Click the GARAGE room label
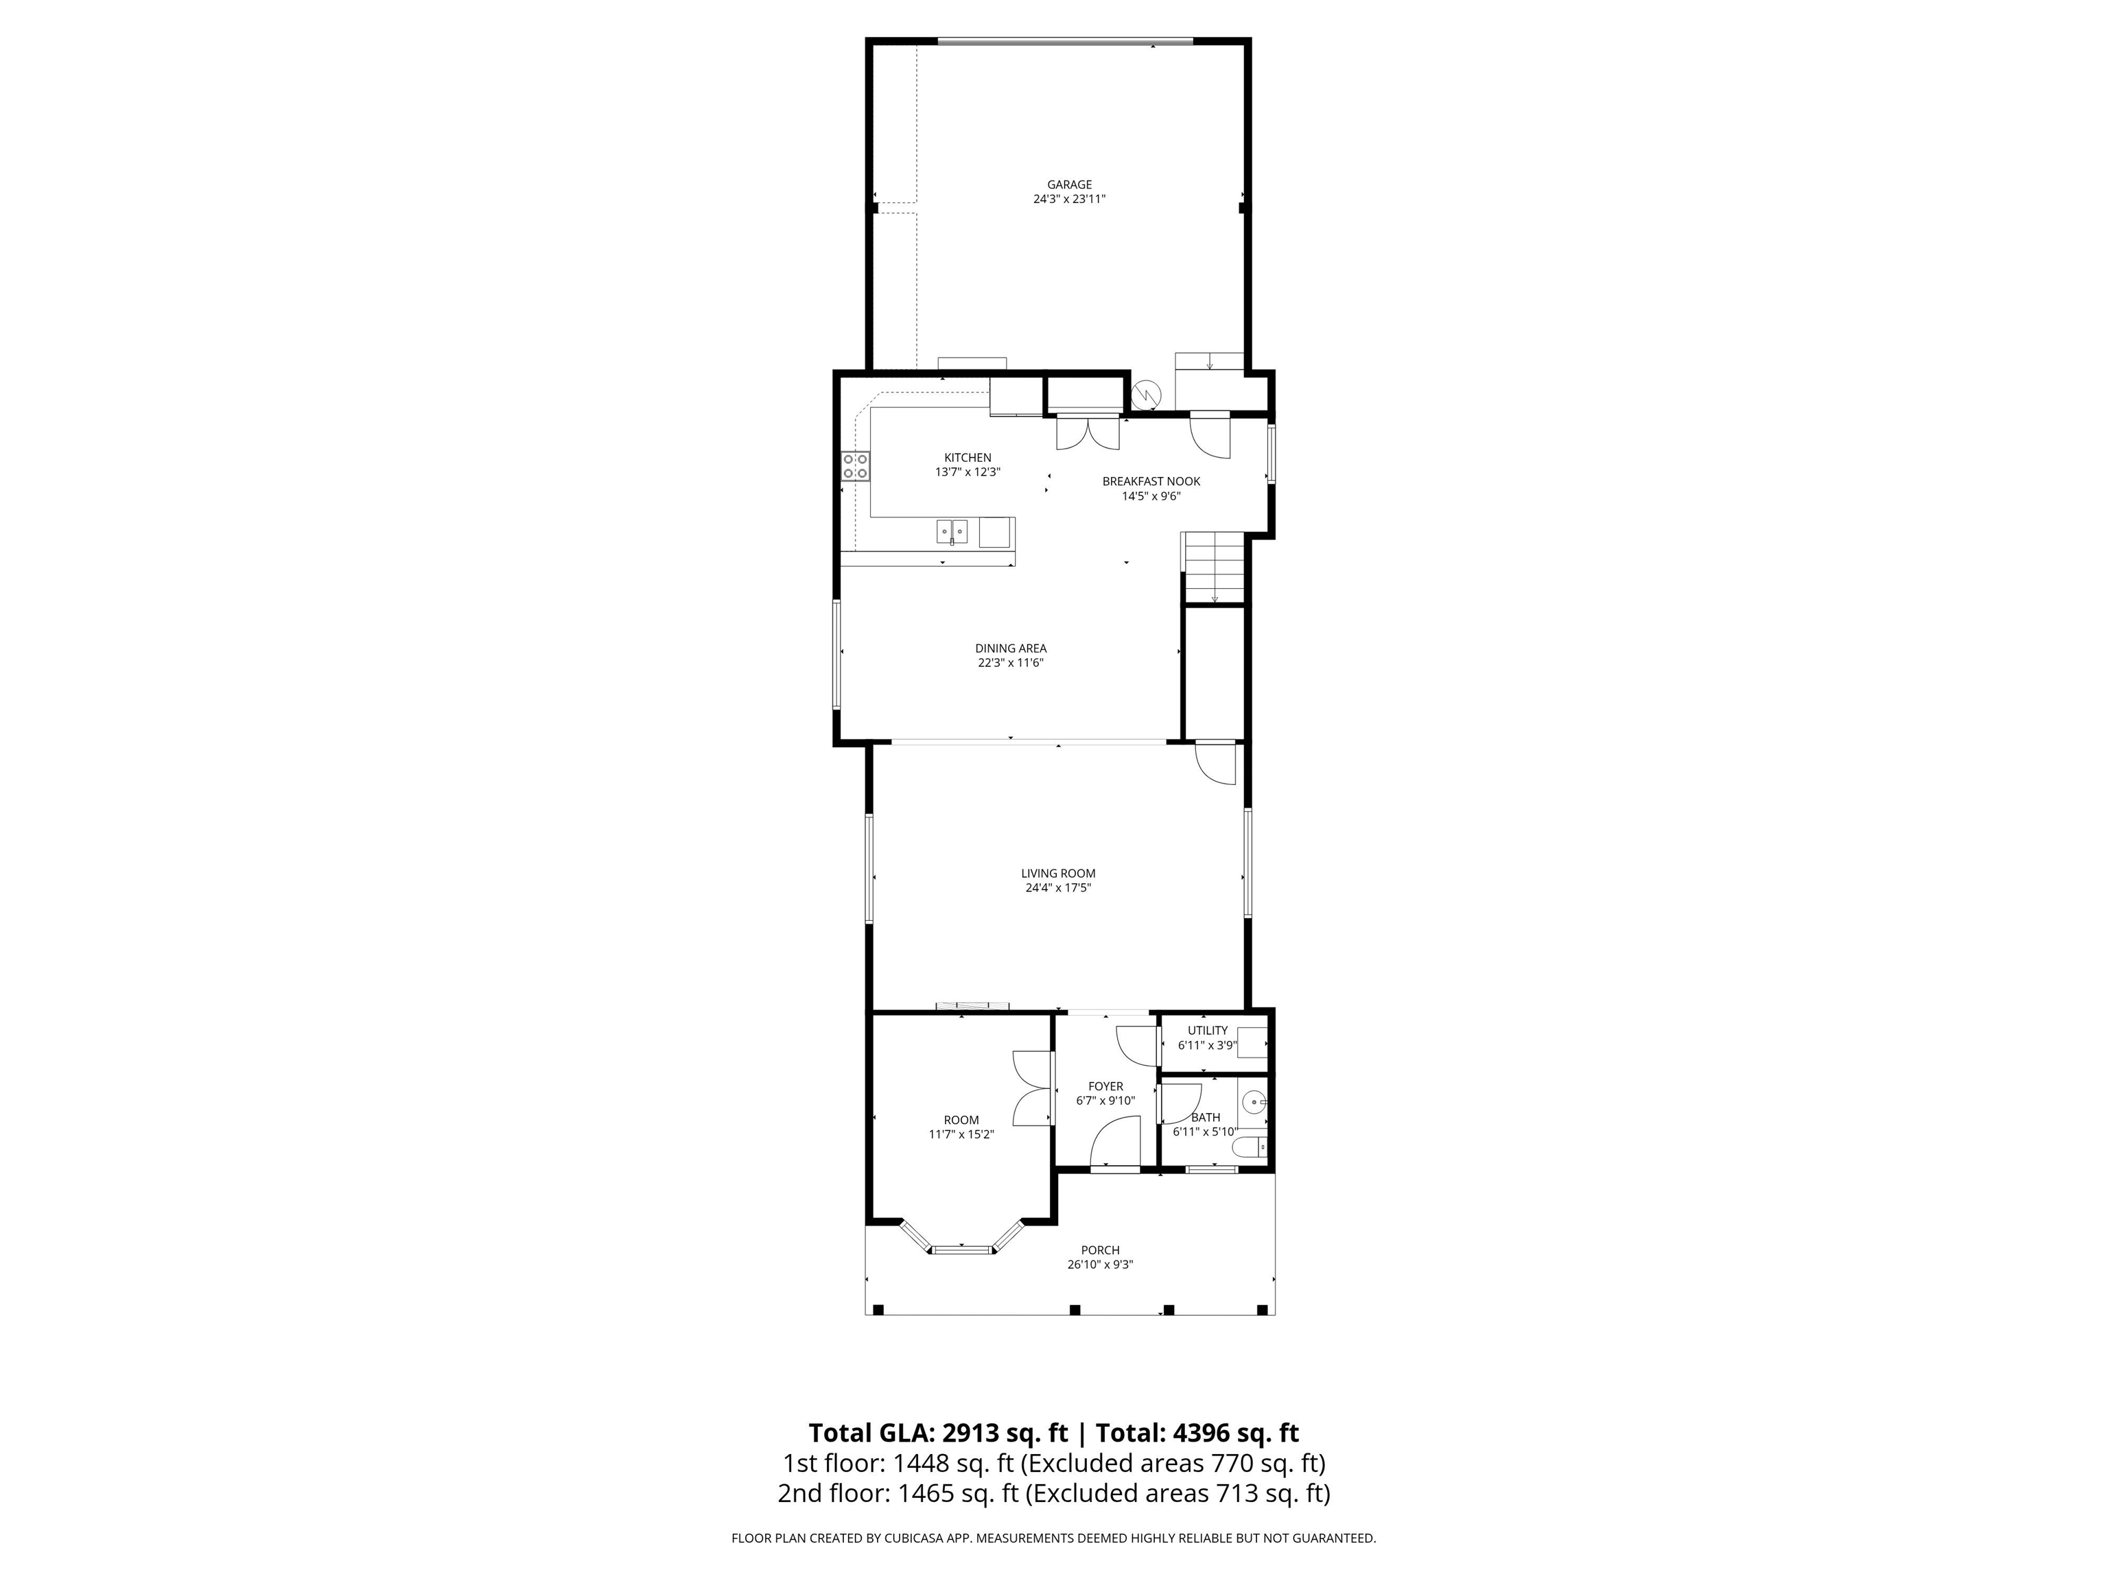(x=1069, y=185)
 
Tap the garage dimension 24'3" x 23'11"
(x=1069, y=199)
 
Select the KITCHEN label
(x=968, y=458)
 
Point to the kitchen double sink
(x=952, y=531)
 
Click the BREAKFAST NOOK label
(x=1151, y=481)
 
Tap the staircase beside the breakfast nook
(x=1214, y=568)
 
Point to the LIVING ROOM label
(x=1058, y=873)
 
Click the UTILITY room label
(x=1208, y=1030)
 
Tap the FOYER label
(x=1105, y=1086)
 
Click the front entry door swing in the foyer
(x=1115, y=1142)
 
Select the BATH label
(x=1206, y=1117)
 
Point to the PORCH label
(x=1100, y=1250)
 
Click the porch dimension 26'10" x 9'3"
(x=1100, y=1265)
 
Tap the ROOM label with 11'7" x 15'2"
(x=961, y=1120)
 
